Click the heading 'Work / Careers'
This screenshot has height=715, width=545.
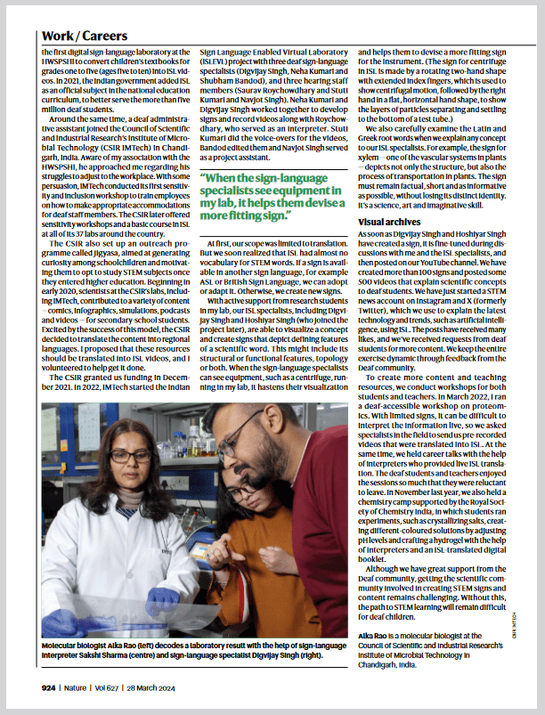[85, 37]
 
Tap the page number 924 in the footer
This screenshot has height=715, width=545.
[47, 687]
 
